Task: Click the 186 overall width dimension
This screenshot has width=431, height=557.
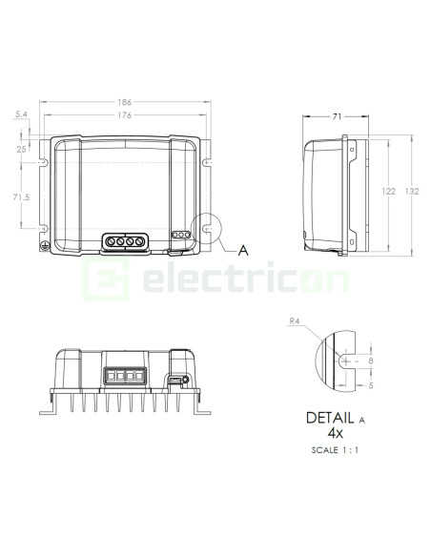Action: click(125, 102)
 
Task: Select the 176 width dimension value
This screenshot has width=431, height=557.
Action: click(125, 115)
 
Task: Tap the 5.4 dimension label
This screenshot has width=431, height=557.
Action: click(21, 114)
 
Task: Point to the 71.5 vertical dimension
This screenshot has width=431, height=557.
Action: click(21, 196)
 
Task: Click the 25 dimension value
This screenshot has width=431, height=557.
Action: click(21, 149)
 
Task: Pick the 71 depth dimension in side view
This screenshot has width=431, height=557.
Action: click(337, 116)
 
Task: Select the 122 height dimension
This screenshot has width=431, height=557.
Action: click(388, 192)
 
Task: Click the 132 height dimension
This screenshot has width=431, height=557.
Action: click(412, 191)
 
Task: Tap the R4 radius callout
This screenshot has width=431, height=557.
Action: click(295, 321)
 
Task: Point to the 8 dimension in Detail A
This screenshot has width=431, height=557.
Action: click(371, 361)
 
